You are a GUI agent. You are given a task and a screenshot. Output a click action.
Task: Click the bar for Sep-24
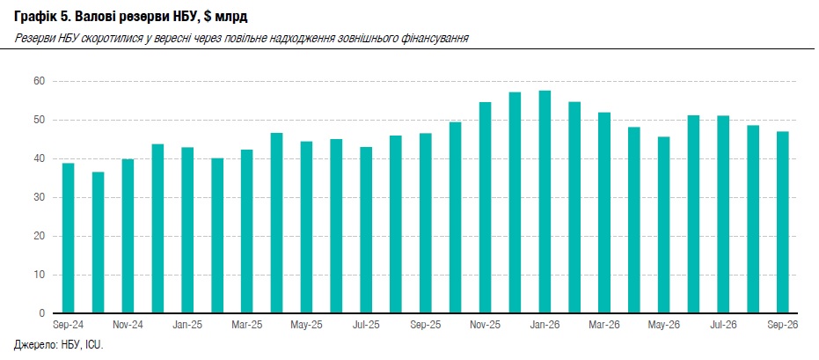[x=68, y=239]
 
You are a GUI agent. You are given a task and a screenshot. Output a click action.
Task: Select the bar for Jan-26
[x=545, y=202]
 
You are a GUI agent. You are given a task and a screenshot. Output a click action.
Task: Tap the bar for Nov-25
[x=486, y=208]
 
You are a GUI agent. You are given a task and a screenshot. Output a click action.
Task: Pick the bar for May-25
[x=307, y=227]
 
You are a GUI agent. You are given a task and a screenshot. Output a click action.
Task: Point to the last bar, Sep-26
[x=783, y=223]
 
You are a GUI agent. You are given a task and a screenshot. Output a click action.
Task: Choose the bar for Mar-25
[x=247, y=231]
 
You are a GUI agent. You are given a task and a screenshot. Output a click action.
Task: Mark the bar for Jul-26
[x=723, y=215]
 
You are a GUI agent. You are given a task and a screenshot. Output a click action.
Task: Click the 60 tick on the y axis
[x=40, y=82]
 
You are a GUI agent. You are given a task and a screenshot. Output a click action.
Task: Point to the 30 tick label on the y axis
[x=40, y=197]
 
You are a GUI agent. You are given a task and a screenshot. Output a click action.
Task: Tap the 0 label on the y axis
[x=43, y=313]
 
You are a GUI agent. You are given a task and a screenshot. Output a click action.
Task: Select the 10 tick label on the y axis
[x=40, y=275]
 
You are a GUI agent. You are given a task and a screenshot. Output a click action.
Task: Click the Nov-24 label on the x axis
[x=128, y=325]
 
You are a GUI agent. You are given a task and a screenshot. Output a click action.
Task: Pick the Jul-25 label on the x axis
[x=366, y=325]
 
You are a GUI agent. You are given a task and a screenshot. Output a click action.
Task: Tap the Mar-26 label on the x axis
[x=604, y=325]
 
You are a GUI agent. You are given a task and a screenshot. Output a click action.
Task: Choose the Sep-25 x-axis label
[x=426, y=325]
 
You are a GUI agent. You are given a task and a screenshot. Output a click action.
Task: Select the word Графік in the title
[x=33, y=18]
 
